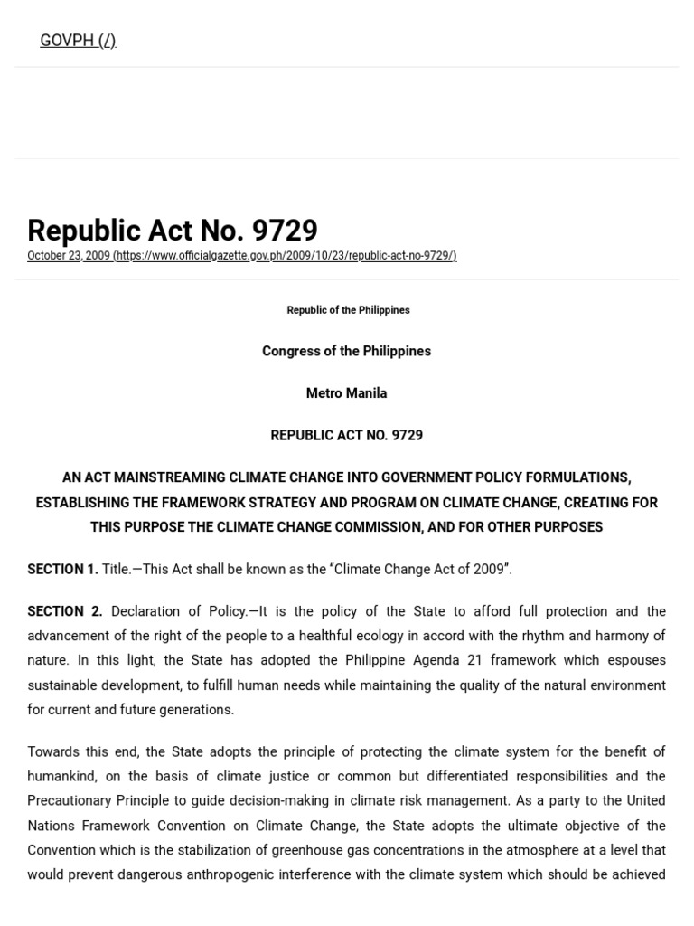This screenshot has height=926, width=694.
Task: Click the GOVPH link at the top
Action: click(x=78, y=41)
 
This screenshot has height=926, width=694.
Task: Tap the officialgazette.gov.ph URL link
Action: click(x=285, y=256)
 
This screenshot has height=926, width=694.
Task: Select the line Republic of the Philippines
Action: click(x=348, y=310)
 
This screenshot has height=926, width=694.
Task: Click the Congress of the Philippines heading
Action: click(x=346, y=351)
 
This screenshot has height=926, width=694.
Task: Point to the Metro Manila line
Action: click(x=346, y=393)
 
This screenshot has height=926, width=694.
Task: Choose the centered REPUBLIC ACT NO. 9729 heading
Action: click(x=346, y=435)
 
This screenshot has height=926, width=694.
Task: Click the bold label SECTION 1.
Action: click(x=62, y=569)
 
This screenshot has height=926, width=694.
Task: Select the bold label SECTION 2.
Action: click(x=64, y=611)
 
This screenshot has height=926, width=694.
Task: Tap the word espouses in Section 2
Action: click(x=639, y=660)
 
